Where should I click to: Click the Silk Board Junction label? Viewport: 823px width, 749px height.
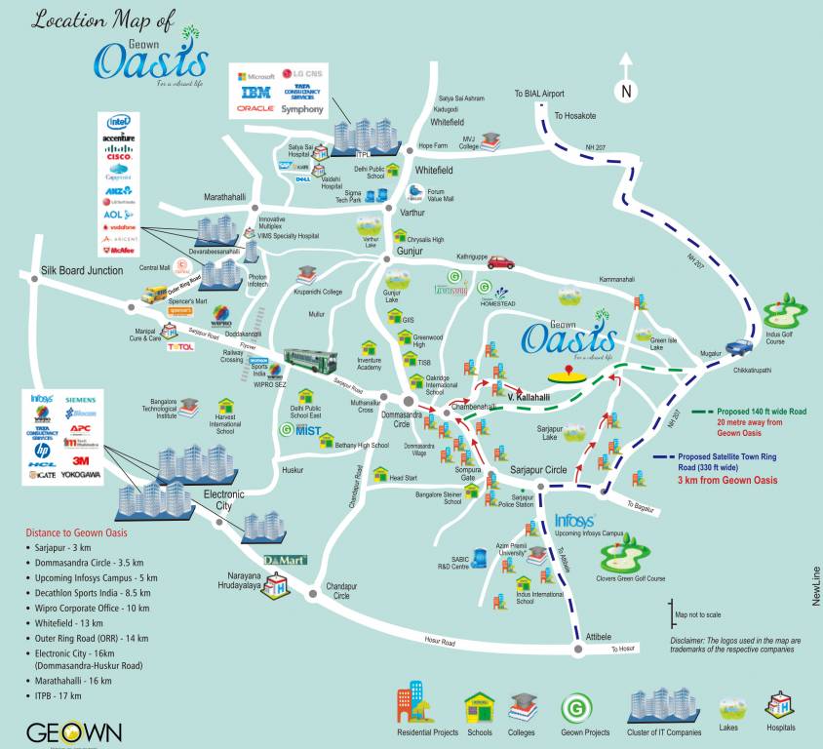(82, 270)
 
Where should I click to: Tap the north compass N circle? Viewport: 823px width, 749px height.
(627, 92)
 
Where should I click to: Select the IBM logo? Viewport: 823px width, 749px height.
(256, 92)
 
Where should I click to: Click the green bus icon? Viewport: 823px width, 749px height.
(310, 360)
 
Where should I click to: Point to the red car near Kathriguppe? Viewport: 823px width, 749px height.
(500, 262)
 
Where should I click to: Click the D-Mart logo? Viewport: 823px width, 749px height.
(285, 562)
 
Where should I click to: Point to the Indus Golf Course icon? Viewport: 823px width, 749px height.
(781, 314)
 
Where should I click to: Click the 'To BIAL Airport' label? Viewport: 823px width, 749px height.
(539, 94)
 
